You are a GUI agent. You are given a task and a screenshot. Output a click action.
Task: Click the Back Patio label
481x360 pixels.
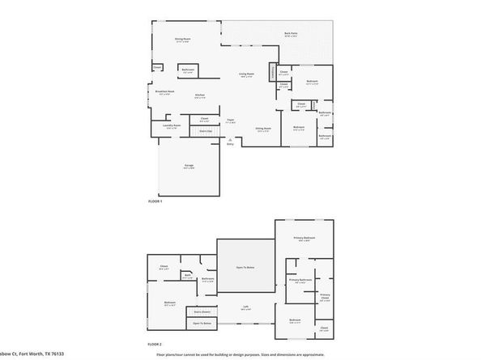click(x=290, y=34)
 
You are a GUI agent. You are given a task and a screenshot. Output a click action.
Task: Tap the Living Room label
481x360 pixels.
click(x=246, y=74)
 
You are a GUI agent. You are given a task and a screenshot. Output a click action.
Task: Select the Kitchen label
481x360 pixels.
click(x=199, y=96)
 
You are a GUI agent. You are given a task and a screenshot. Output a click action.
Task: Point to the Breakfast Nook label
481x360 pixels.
click(x=166, y=92)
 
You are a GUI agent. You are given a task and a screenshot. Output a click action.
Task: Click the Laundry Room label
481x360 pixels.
click(x=171, y=126)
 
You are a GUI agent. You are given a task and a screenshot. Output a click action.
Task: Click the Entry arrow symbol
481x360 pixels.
click(x=231, y=140)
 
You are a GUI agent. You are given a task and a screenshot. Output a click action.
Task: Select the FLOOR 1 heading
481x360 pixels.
click(x=155, y=201)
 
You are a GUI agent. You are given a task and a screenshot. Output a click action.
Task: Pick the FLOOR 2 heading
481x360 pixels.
click(x=155, y=344)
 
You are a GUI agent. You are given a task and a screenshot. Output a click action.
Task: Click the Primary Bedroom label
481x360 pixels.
click(x=304, y=239)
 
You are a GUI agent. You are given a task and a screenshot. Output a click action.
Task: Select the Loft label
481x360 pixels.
click(x=245, y=307)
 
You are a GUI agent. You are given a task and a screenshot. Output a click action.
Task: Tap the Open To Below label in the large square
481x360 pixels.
click(x=245, y=266)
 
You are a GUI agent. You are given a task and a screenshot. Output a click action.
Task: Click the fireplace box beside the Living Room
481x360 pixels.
click(x=272, y=74)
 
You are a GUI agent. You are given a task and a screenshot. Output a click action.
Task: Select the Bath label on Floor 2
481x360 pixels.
click(x=187, y=275)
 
